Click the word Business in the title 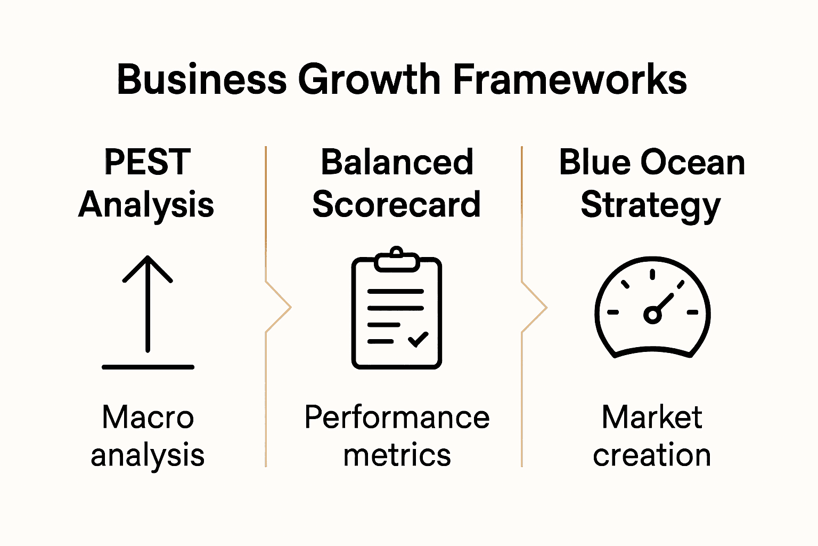point(201,80)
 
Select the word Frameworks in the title point(570,80)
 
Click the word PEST point(148,163)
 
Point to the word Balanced point(397,163)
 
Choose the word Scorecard point(397,205)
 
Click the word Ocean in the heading point(693,163)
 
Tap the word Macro point(148,417)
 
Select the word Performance point(397,417)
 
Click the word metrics point(397,455)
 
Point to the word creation point(652,455)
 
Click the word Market point(652,417)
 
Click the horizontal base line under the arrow point(148,367)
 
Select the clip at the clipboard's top point(397,260)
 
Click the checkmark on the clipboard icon point(418,339)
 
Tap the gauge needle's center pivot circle point(652,315)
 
